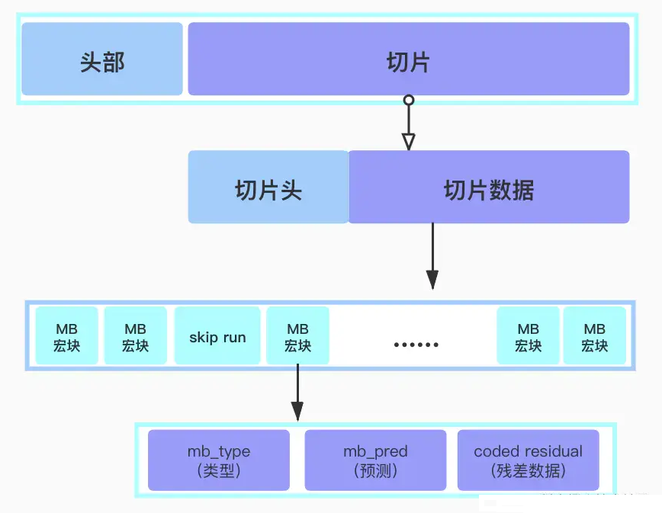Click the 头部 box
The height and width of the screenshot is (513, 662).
coord(102,59)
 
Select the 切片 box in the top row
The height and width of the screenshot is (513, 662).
coord(408,59)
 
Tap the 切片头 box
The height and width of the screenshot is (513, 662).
coord(268,188)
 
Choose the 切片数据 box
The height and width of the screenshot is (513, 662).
coord(489,188)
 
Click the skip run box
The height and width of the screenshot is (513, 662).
coord(217,336)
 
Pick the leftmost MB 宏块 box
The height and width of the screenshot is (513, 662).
coord(67,336)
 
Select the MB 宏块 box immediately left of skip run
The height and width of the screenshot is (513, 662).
coord(135,336)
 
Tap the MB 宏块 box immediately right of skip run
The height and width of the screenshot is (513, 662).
coord(297,336)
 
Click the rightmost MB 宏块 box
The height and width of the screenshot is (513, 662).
coord(594,336)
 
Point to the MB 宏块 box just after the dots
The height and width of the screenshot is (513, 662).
coord(528,336)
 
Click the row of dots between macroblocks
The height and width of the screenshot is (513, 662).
coord(416,345)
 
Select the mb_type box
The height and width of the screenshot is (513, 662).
coord(219,460)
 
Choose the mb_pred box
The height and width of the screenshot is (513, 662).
coord(375,460)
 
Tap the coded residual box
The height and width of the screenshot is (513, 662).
coord(528,460)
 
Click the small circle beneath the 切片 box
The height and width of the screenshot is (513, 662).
coord(409,101)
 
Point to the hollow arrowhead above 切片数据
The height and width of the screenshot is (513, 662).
coord(409,141)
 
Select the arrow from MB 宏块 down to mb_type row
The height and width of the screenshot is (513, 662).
coord(297,393)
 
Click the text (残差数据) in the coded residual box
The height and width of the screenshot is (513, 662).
coord(528,470)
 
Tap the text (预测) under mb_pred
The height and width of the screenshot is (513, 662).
coord(375,470)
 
